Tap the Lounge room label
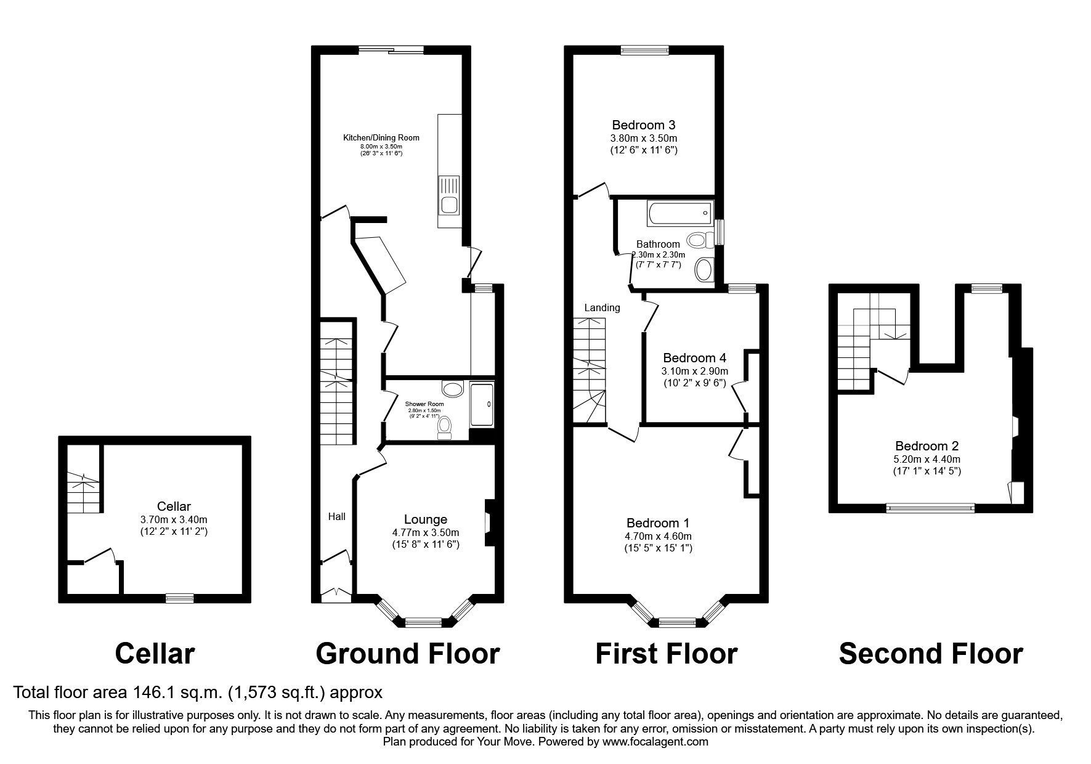pyautogui.click(x=425, y=519)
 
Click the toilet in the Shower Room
pyautogui.click(x=444, y=427)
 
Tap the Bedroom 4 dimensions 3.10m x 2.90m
pyautogui.click(x=694, y=371)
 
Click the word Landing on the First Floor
pyautogui.click(x=602, y=307)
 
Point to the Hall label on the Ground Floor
pyautogui.click(x=336, y=516)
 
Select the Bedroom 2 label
pyautogui.click(x=927, y=445)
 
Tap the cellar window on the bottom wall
pyautogui.click(x=180, y=598)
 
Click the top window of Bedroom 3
pyautogui.click(x=644, y=51)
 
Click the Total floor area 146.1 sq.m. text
pyautogui.click(x=198, y=693)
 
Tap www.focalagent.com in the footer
pyautogui.click(x=655, y=742)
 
